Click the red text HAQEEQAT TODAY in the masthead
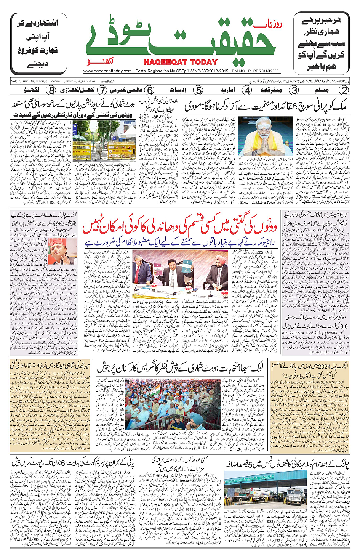click(x=180, y=62)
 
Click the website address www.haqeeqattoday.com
click(x=107, y=71)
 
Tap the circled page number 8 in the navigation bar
click(x=51, y=90)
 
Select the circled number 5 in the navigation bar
click(x=198, y=90)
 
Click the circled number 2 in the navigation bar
click(x=344, y=90)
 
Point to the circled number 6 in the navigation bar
click(x=150, y=90)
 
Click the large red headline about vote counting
click(x=179, y=226)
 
